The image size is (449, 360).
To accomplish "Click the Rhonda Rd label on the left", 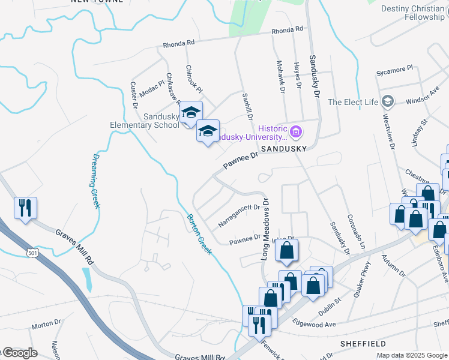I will click(178, 43).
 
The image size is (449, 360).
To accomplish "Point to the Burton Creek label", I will click(199, 234).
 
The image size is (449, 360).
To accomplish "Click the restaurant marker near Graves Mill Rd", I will click(25, 208).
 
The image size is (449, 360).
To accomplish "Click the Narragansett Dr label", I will click(238, 216).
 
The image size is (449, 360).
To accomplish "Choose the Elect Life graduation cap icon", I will click(388, 102).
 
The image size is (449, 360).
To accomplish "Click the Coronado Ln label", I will click(355, 233).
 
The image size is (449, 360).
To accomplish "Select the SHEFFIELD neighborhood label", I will click(363, 344).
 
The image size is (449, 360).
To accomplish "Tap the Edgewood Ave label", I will click(314, 325).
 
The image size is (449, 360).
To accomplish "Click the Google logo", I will click(19, 353).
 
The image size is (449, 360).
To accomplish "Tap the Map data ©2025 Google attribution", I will click(411, 355).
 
